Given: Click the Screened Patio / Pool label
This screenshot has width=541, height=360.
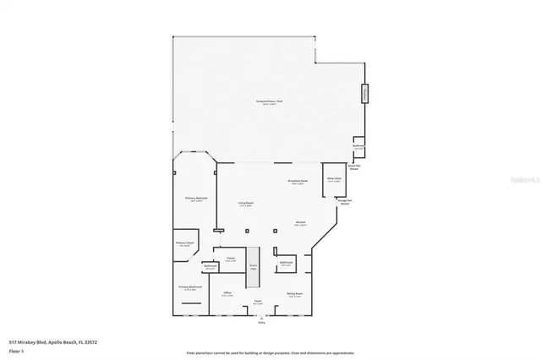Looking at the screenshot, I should click(x=269, y=102).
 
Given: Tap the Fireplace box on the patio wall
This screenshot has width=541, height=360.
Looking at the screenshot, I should click(x=365, y=93).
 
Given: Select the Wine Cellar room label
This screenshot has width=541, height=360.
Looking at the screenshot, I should click(x=334, y=180).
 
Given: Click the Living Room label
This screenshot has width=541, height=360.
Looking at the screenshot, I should click(x=246, y=204).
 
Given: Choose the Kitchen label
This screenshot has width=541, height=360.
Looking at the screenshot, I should click(x=300, y=224).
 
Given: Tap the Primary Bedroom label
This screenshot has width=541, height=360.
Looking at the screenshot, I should click(x=196, y=199).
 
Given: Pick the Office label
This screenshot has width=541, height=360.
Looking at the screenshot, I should click(x=227, y=293).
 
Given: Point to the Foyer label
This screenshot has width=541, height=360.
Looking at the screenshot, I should click(x=258, y=302).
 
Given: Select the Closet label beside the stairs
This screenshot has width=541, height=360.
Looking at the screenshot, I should click(x=229, y=259).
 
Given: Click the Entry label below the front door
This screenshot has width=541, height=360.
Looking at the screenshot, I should click(x=260, y=322).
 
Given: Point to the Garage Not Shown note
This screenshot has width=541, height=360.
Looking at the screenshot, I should click(x=345, y=203).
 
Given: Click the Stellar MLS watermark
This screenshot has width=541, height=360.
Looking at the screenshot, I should click(x=521, y=181).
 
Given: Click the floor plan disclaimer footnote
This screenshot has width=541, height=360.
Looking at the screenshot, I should click(x=270, y=352).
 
